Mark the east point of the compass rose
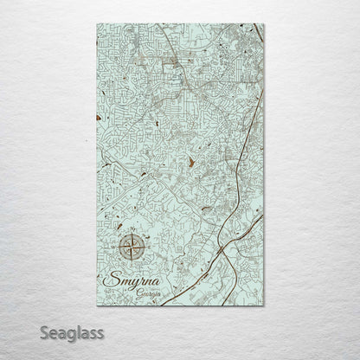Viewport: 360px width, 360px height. [146, 248]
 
